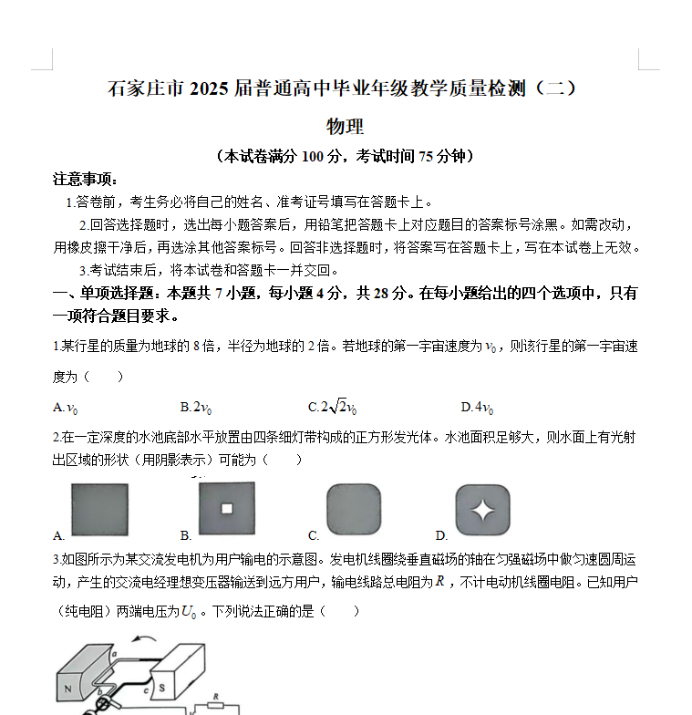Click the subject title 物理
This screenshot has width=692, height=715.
pos(346,127)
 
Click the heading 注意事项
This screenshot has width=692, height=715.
pos(86,178)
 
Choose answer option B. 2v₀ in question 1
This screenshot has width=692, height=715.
pos(196,407)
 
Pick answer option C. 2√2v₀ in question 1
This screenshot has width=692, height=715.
pos(332,407)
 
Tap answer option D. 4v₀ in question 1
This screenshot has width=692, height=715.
pos(478,407)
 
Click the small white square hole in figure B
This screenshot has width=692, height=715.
pos(226,508)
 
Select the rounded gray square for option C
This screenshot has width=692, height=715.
pos(354,509)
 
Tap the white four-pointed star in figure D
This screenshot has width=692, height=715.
pos(482,509)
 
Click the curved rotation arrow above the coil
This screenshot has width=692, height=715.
pos(141,644)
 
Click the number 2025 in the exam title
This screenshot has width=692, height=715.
pos(212,88)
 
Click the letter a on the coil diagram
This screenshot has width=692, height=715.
pos(114,654)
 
